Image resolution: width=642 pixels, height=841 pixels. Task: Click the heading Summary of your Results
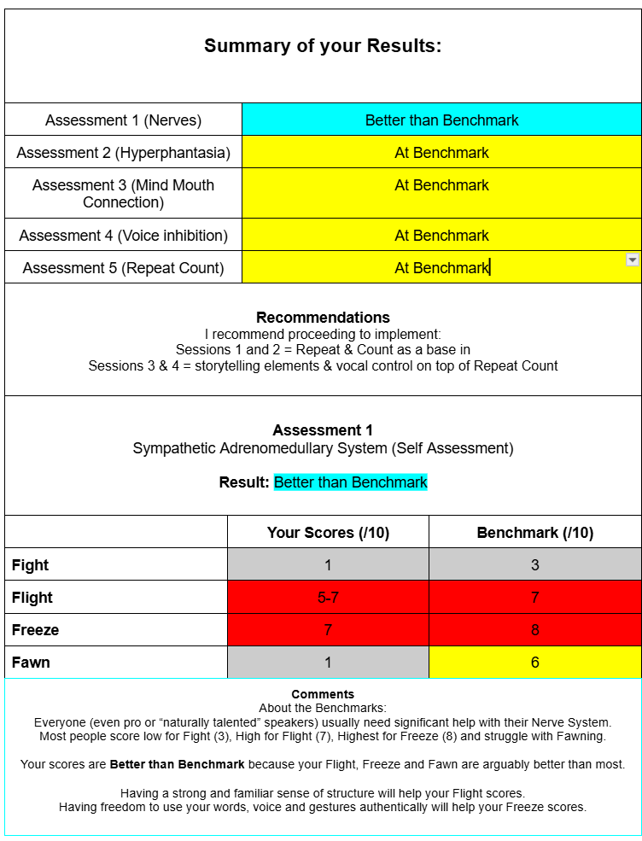point(323,46)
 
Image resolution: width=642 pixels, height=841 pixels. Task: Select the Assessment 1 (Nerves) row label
point(123,120)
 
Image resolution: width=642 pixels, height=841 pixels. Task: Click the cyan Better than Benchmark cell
point(441,120)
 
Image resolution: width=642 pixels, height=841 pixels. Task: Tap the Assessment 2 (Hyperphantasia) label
point(123,153)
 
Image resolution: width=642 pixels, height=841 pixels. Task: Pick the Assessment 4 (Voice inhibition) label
point(123,236)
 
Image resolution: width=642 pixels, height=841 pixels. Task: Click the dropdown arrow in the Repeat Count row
point(633,260)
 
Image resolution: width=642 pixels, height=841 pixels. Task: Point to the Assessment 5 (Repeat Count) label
point(123,268)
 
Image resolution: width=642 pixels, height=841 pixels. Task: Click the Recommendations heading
point(323,318)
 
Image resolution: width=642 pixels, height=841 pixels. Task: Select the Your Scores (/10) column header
point(328,533)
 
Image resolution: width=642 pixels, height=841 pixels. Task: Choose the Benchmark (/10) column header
point(534,533)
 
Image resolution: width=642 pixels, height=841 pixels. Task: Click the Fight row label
point(31,565)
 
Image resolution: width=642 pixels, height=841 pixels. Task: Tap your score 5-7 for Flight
point(328,598)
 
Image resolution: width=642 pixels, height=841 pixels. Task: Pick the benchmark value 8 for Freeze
point(534,630)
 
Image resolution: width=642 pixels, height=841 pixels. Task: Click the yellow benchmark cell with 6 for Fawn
point(534,663)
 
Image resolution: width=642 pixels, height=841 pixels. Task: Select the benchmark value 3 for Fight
point(534,565)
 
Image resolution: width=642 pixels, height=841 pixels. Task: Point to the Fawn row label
point(31,663)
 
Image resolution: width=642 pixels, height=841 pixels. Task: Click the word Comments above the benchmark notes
point(323,694)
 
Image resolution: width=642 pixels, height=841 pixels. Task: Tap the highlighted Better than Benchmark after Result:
point(350,482)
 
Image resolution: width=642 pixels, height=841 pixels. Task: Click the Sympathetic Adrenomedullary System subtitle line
point(323,448)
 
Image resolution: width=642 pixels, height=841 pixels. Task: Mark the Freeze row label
point(35,630)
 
